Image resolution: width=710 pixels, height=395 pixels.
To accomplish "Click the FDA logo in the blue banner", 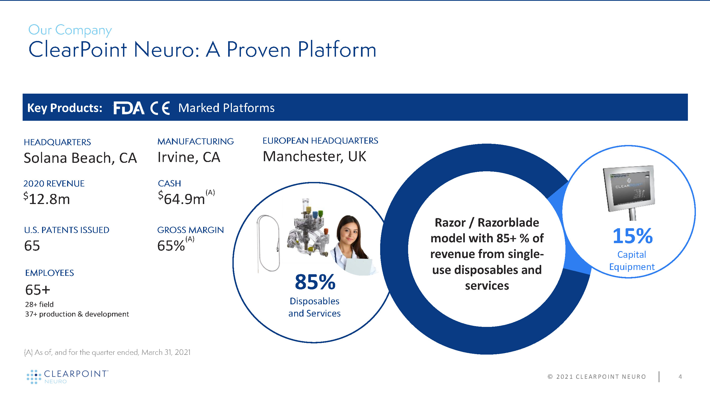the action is tap(129, 108).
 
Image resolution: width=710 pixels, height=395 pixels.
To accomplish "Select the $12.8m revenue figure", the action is tap(47, 199).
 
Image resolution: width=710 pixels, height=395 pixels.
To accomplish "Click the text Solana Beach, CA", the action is tap(80, 158).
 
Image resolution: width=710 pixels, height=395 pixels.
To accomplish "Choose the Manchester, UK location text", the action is tap(314, 156).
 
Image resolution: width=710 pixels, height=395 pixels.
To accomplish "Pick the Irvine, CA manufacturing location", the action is tap(189, 157).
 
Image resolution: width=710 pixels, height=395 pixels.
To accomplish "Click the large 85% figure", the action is tap(315, 282).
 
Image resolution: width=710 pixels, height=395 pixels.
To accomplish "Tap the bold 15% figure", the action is tap(633, 236).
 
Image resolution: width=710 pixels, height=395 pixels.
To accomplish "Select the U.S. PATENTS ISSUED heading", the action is tap(67, 230).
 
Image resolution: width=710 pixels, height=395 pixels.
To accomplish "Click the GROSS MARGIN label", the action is tap(190, 230).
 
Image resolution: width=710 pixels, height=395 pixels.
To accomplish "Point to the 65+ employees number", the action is tap(38, 290).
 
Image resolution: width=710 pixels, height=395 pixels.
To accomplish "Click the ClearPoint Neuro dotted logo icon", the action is tap(34, 377).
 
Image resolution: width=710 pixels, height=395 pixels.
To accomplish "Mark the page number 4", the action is tap(680, 377).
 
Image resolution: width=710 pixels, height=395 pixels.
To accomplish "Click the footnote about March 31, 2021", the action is tap(107, 352).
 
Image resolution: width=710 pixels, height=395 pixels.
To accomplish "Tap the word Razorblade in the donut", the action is tap(508, 223).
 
